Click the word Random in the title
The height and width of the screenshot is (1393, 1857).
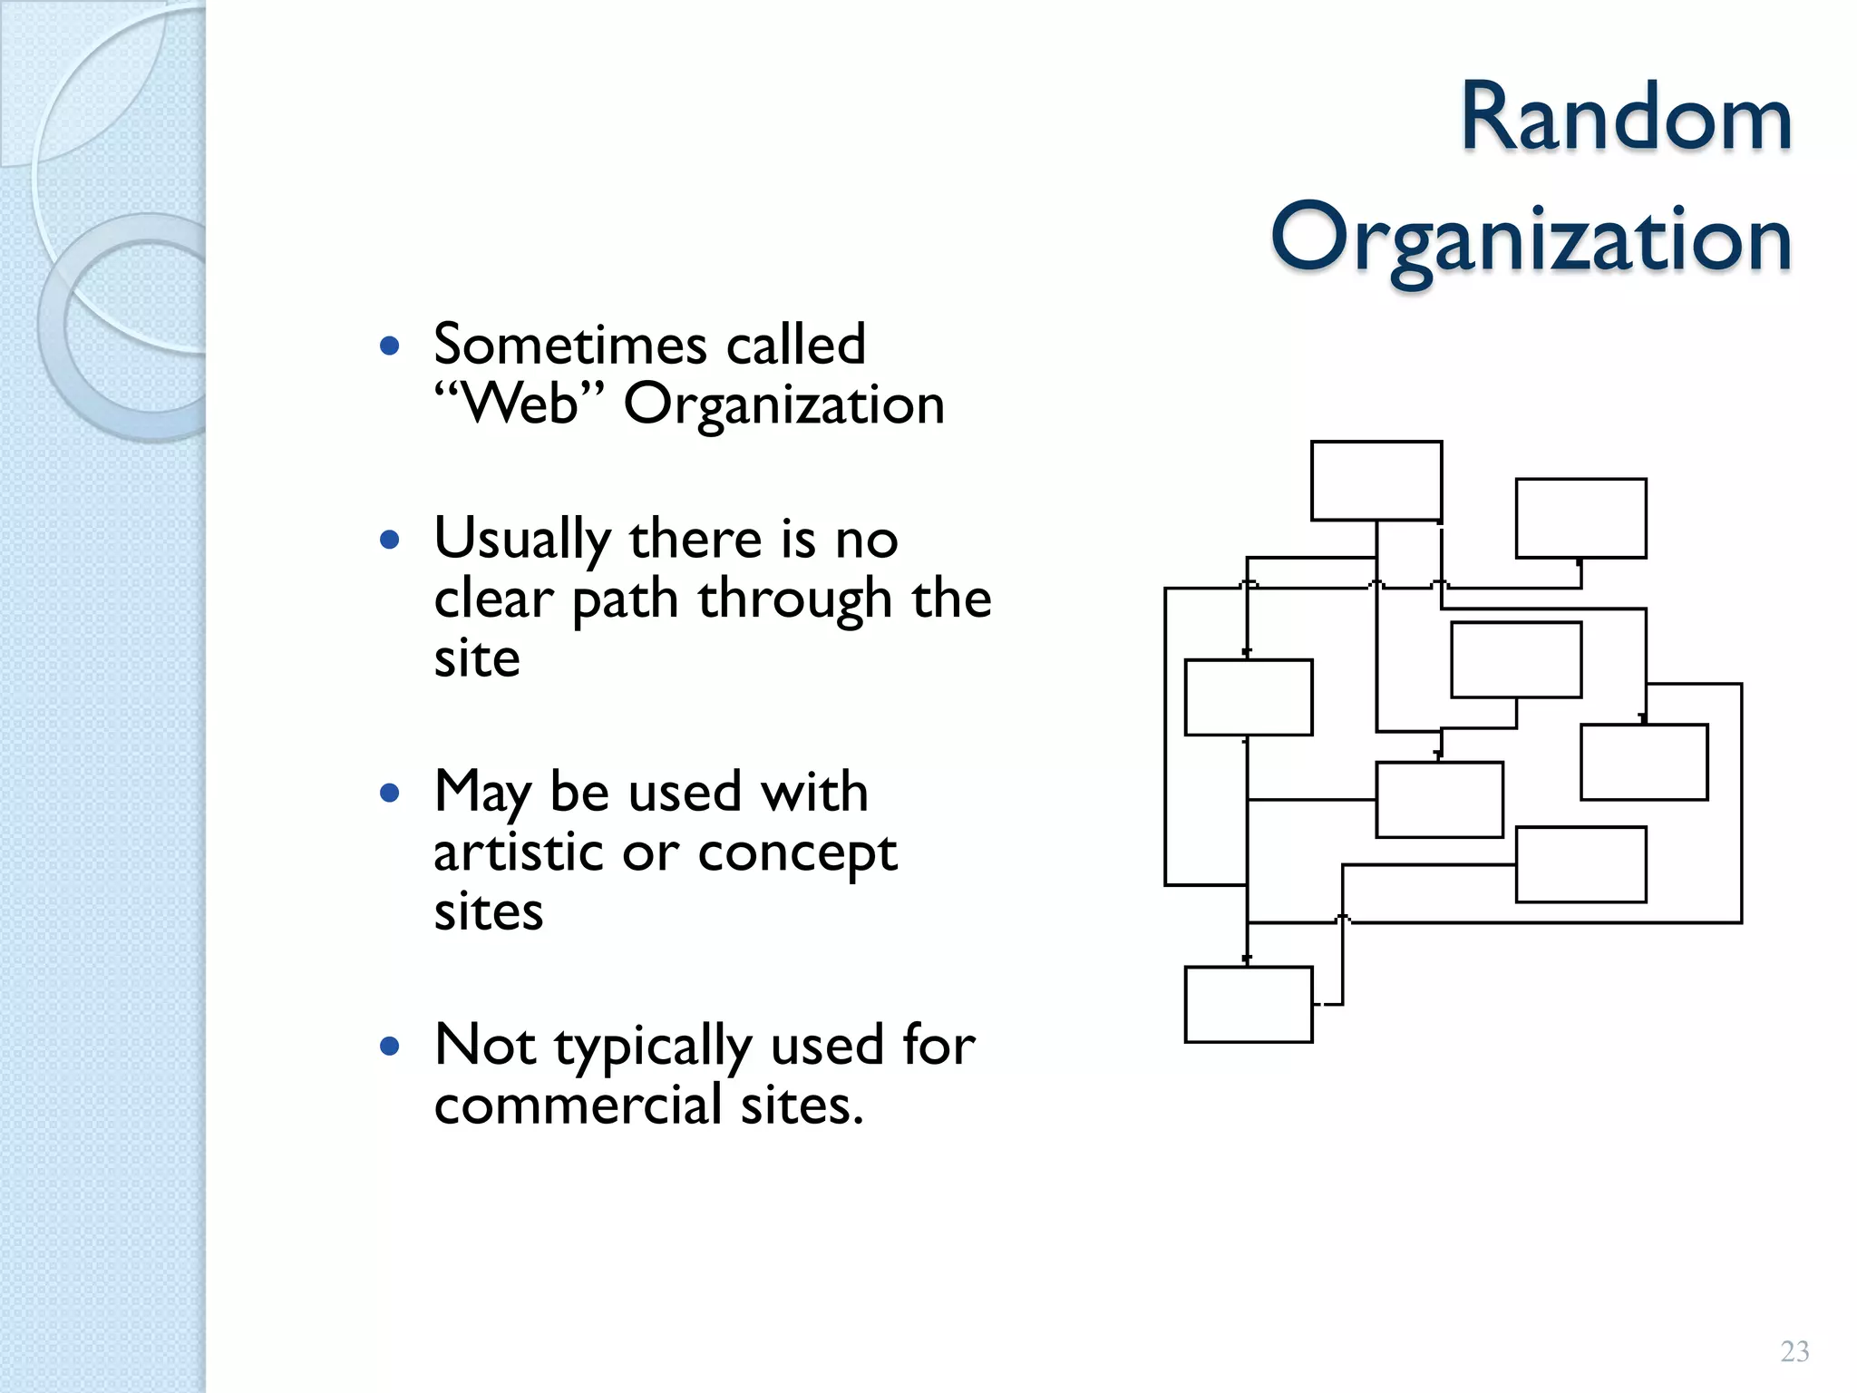point(1626,119)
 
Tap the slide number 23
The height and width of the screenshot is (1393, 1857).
point(1794,1351)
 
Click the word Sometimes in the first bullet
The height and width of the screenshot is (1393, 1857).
point(569,345)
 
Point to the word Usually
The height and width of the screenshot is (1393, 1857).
point(522,540)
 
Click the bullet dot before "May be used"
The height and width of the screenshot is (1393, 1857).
point(390,794)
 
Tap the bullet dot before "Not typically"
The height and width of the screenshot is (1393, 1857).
point(390,1047)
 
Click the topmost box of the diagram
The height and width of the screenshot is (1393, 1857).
point(1376,481)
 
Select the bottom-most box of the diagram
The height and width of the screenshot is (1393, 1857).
point(1248,1004)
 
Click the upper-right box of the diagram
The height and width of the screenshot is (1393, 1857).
point(1580,518)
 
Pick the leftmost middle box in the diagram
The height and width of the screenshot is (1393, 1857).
point(1248,696)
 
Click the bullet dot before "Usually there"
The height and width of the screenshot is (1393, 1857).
point(390,541)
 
